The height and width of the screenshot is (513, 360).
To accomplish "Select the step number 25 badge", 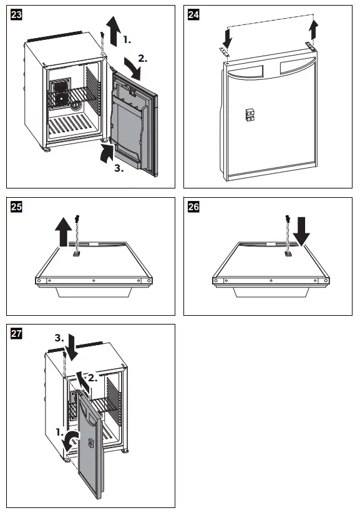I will (x=14, y=208).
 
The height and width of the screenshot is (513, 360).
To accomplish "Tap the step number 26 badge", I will (x=194, y=208).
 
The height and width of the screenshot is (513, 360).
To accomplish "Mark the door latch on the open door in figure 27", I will (x=92, y=443).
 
